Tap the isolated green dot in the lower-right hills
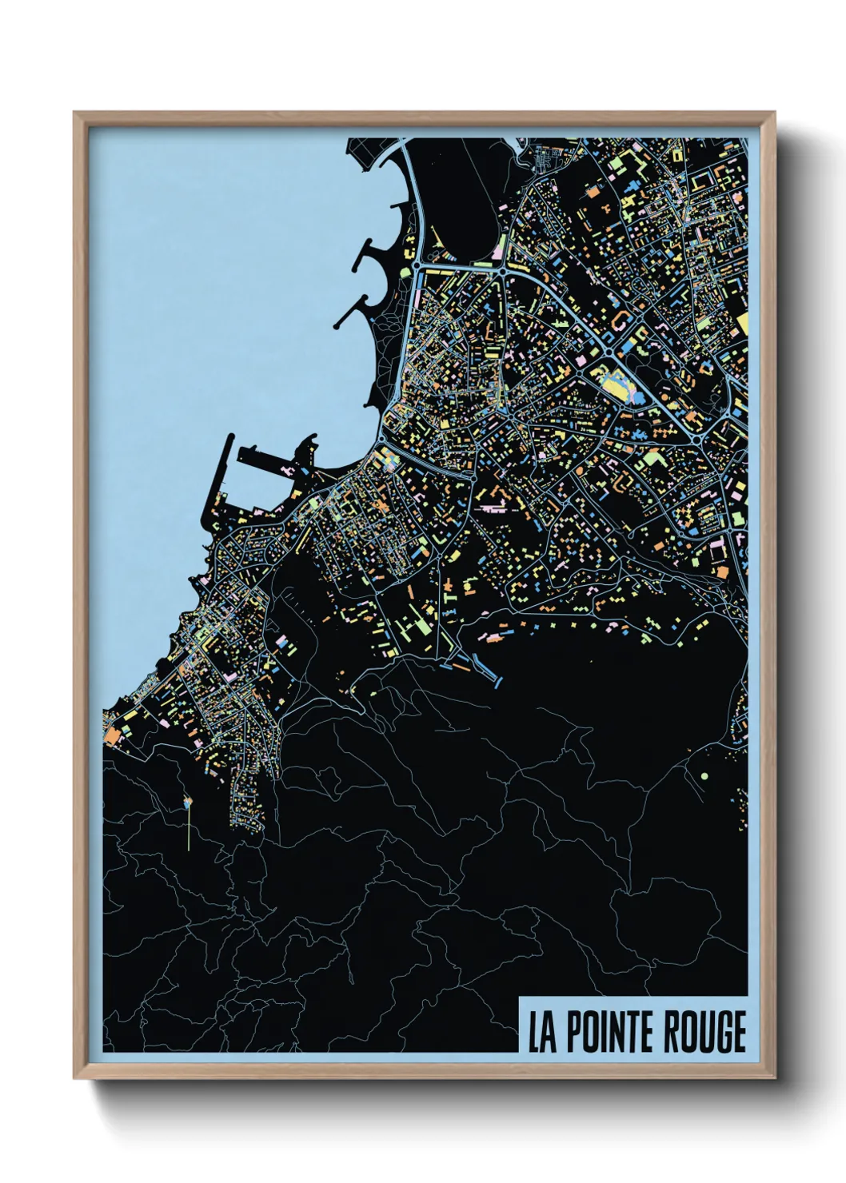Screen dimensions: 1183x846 [x=704, y=775]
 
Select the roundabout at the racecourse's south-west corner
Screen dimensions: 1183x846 [x=417, y=265]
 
